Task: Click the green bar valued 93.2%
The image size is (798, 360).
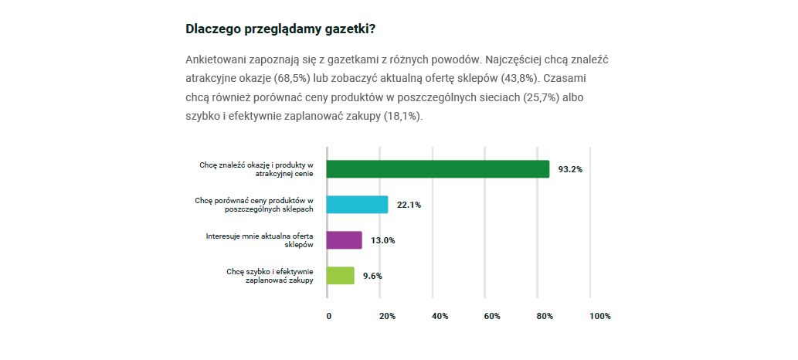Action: click(437, 169)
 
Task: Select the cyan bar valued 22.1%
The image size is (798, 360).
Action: click(357, 205)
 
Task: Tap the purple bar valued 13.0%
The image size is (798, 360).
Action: click(344, 240)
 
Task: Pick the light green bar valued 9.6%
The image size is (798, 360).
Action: click(340, 276)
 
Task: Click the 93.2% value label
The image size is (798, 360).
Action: click(570, 169)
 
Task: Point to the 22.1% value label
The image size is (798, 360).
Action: click(409, 205)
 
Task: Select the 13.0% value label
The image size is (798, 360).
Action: click(382, 240)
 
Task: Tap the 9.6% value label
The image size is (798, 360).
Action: click(372, 276)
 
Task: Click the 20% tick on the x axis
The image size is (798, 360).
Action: click(387, 316)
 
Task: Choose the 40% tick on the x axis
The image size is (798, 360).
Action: click(440, 316)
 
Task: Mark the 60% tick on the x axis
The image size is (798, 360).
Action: click(492, 316)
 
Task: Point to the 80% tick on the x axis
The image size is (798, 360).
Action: click(545, 316)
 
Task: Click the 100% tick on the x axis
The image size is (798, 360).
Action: click(599, 316)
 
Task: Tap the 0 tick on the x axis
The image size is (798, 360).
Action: click(329, 316)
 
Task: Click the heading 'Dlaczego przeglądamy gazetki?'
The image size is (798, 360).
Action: click(280, 29)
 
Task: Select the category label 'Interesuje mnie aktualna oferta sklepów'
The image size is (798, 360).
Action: click(260, 239)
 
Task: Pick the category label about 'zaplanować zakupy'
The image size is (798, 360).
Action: click(270, 276)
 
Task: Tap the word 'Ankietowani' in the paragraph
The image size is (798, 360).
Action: click(216, 59)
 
